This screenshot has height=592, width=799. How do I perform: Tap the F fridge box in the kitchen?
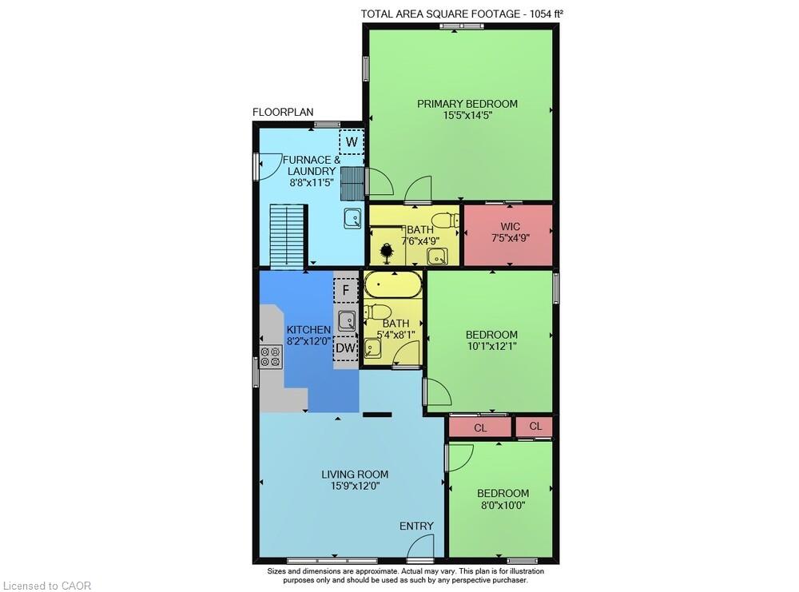[346, 289]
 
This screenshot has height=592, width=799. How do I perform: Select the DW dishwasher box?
[345, 348]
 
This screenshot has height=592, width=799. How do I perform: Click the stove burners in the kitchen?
[271, 356]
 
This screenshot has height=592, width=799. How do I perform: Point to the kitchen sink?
[346, 320]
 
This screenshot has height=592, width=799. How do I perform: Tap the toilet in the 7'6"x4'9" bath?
[440, 220]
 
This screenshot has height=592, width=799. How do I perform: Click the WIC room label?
[511, 226]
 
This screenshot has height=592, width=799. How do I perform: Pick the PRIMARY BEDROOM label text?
[467, 104]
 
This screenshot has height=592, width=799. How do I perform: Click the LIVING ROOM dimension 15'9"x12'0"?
[355, 486]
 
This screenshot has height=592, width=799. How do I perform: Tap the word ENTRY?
[417, 526]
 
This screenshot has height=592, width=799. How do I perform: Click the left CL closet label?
[480, 428]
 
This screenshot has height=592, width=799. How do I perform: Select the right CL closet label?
[535, 427]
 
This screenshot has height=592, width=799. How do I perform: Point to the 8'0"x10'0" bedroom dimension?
[503, 505]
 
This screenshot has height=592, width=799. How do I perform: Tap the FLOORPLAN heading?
[283, 112]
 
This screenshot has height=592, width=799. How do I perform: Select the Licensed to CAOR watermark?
[46, 586]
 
